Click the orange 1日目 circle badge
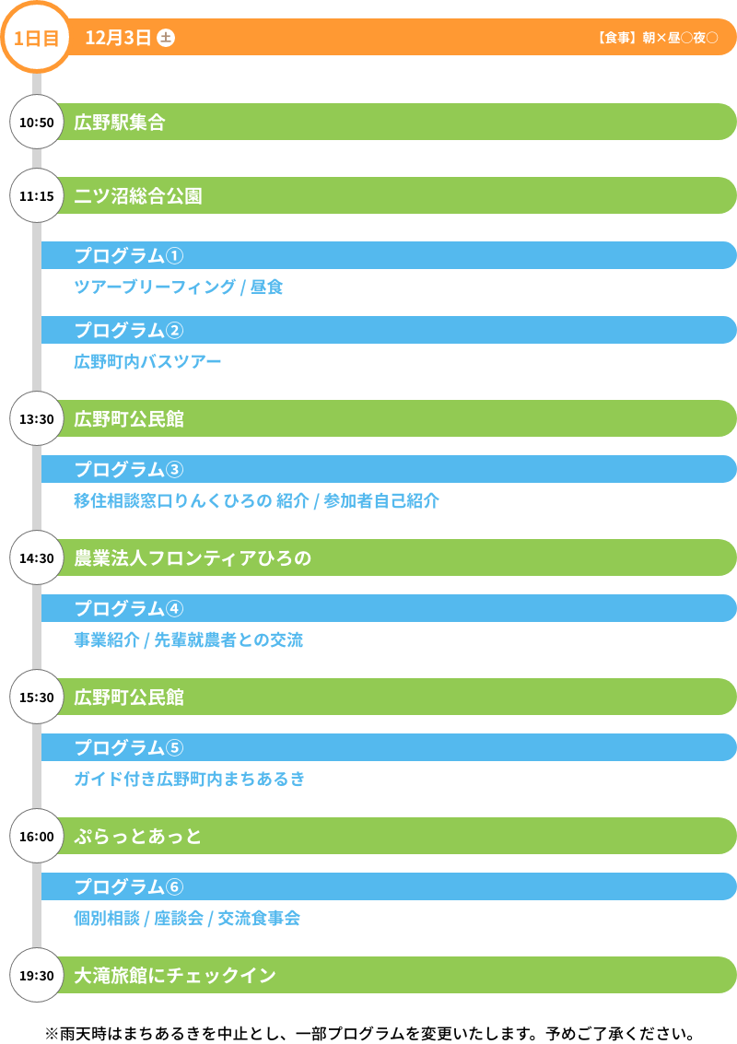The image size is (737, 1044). coord(37,38)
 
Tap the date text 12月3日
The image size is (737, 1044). coord(118,38)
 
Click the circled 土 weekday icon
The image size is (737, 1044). coord(166,38)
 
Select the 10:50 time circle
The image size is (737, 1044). coord(37,122)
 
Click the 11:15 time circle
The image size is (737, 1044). coord(37,195)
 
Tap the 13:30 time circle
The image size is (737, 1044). coord(37,418)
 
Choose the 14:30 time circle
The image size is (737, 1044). coord(37,557)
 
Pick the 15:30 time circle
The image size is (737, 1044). coord(37,697)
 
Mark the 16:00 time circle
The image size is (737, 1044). coord(37,836)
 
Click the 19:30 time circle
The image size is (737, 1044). coord(37,975)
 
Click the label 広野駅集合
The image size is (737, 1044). coord(120,122)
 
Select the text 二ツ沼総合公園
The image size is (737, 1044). coord(138,195)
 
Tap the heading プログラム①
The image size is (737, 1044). coord(129,255)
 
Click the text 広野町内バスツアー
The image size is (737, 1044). coord(147,361)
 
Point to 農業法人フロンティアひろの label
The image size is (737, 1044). coord(193,557)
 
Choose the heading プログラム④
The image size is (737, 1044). coord(129,608)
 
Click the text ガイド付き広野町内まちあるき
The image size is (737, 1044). coord(189,779)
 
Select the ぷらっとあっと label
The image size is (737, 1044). coord(138,836)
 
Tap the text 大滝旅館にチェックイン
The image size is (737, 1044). coord(175,975)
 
